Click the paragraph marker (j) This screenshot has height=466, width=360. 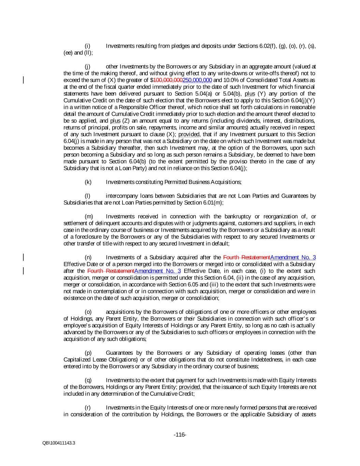(x=87, y=66)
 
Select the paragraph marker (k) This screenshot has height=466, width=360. (x=88, y=182)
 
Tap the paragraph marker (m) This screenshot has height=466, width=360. (x=88, y=216)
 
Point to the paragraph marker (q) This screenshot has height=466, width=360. (x=88, y=380)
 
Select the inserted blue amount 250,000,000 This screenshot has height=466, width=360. (x=197, y=80)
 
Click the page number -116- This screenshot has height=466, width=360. (x=180, y=435)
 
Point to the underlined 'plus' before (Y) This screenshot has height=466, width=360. (x=250, y=94)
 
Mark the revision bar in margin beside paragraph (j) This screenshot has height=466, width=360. (x=23, y=80)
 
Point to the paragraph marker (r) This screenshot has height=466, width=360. (x=87, y=407)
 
